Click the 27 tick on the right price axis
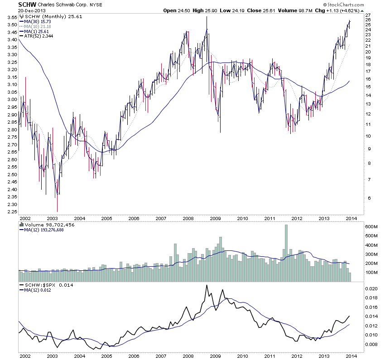[368, 15]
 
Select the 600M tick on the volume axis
[371, 226]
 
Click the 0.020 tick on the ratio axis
[371, 288]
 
